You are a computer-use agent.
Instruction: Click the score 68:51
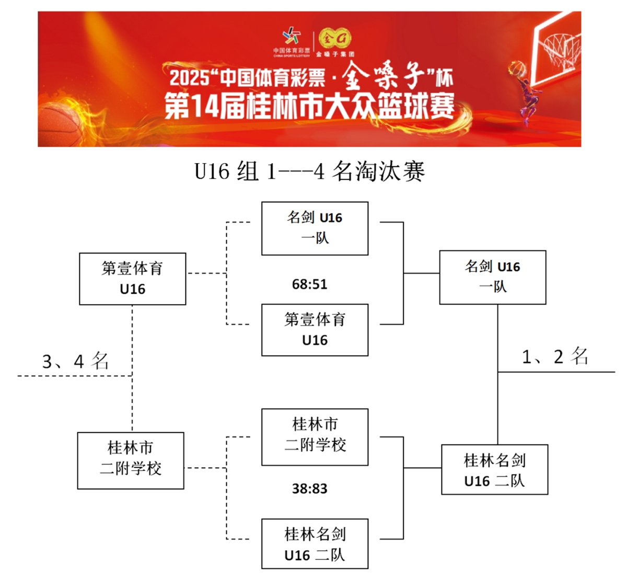[x=309, y=284]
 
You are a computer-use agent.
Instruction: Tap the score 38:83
[x=309, y=489]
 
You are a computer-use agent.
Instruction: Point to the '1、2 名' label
[x=555, y=356]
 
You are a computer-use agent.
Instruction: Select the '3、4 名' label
[x=75, y=361]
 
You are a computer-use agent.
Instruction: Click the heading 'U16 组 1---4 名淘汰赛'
[x=309, y=171]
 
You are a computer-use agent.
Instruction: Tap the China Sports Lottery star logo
[x=292, y=37]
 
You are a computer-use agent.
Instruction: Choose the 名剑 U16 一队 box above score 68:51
[x=315, y=228]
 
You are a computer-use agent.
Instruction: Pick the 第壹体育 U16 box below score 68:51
[x=315, y=330]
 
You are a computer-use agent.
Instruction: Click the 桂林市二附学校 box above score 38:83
[x=315, y=437]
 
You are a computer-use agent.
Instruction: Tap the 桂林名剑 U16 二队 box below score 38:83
[x=315, y=544]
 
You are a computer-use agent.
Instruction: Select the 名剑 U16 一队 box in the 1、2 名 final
[x=492, y=277]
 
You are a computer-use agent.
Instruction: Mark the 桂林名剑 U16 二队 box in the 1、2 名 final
[x=494, y=469]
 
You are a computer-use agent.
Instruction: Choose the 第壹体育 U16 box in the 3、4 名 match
[x=132, y=279]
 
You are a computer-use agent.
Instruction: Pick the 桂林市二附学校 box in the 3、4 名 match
[x=131, y=460]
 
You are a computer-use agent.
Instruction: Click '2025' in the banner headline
[x=189, y=78]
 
